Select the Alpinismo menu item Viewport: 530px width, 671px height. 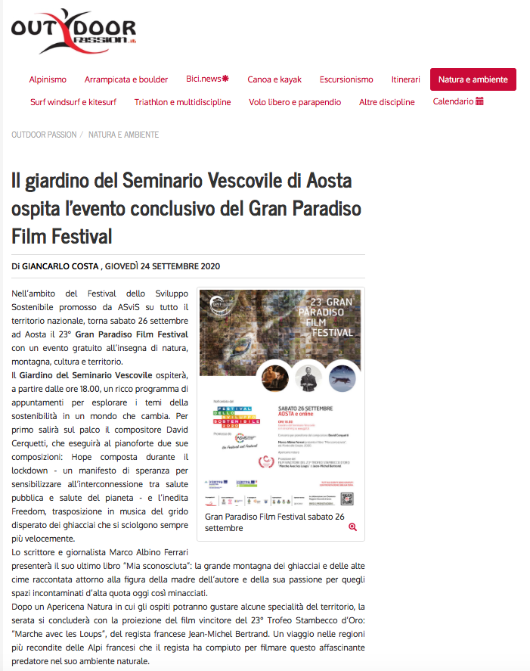point(48,79)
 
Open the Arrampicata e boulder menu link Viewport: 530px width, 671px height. point(126,79)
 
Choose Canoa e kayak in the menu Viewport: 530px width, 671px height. point(274,79)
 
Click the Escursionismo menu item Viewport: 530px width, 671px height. point(346,79)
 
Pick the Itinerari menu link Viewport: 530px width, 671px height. point(406,79)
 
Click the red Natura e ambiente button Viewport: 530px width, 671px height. point(473,79)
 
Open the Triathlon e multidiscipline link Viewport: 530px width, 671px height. point(182,102)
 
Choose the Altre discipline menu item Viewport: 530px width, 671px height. point(386,102)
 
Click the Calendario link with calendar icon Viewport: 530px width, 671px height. point(458,101)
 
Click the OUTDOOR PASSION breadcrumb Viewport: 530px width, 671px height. point(44,135)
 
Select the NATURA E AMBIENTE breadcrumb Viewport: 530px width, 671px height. point(123,135)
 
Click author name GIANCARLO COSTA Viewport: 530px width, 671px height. point(60,266)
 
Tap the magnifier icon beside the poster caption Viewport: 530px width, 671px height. point(352,527)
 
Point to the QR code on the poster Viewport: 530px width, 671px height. point(347,499)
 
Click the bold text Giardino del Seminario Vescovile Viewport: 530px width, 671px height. point(85,375)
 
